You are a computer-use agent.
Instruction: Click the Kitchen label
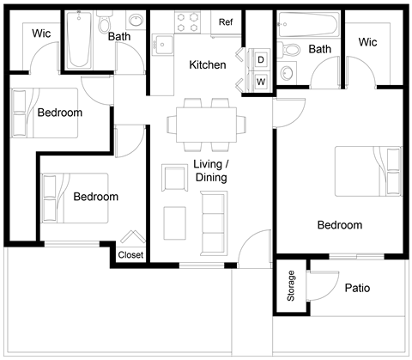[208, 65]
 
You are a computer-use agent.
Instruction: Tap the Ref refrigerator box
[226, 22]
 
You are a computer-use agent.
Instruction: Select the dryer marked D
[260, 60]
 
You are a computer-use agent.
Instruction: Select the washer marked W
[260, 82]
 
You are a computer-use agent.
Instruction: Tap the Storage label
[292, 287]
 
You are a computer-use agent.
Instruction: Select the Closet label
[130, 255]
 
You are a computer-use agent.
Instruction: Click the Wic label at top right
[367, 42]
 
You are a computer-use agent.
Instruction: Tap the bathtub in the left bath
[80, 40]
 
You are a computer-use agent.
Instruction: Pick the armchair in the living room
[174, 178]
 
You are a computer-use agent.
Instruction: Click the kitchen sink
[163, 42]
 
